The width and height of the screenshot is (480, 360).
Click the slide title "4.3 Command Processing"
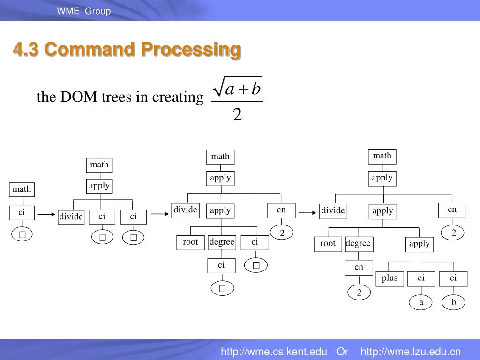[127, 50]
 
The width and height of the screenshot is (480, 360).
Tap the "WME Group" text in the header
[84, 11]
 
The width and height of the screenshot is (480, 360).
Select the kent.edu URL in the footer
[274, 352]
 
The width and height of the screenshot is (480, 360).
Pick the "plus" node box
[390, 279]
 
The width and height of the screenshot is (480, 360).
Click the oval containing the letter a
[421, 303]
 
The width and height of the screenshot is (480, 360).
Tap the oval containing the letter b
[453, 302]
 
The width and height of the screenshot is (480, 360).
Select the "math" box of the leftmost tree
[22, 189]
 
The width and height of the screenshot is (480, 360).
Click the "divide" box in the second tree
[71, 217]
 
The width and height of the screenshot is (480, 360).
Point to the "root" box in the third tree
[190, 243]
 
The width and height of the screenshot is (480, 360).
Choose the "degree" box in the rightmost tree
[359, 244]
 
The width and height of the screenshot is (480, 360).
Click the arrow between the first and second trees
[47, 215]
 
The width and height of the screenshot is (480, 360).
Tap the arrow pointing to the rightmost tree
[307, 213]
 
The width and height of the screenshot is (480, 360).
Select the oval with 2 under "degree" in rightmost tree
[359, 293]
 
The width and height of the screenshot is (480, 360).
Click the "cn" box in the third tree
[281, 210]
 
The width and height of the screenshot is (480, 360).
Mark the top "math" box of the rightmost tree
[382, 156]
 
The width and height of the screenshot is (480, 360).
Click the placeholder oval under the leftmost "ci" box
[22, 235]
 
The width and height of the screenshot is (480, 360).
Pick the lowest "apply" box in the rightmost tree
[420, 244]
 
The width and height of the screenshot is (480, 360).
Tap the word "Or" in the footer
[342, 352]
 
